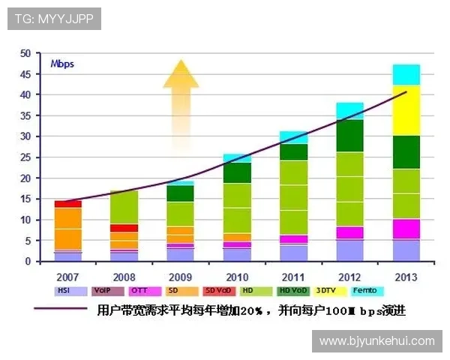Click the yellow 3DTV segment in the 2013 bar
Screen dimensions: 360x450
click(x=406, y=110)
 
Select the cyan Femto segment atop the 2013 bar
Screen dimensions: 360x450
click(x=406, y=74)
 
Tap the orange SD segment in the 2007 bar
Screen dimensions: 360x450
click(x=67, y=228)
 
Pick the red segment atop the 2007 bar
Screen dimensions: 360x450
click(x=67, y=203)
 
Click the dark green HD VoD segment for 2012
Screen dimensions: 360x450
click(x=349, y=136)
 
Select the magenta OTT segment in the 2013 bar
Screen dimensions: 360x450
click(x=406, y=229)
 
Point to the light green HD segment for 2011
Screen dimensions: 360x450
click(x=293, y=197)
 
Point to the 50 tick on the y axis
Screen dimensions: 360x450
click(x=25, y=53)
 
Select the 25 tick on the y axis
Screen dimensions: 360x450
click(x=25, y=157)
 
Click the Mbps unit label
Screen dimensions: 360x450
click(x=62, y=64)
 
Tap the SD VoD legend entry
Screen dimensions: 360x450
click(x=217, y=290)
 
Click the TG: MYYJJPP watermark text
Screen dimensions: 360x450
click(x=53, y=19)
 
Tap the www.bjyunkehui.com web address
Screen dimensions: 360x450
click(x=376, y=340)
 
